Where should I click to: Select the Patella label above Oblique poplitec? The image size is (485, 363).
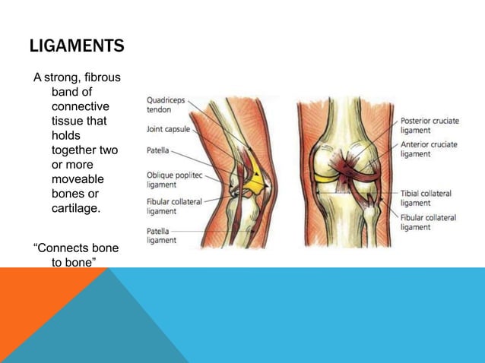point(158,150)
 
